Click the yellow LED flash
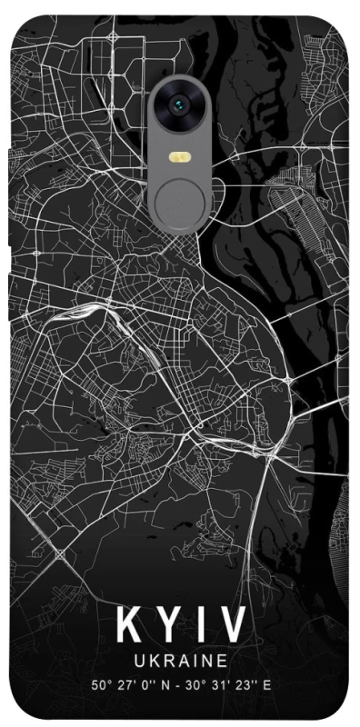click(x=180, y=157)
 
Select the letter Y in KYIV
click(x=166, y=625)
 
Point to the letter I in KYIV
click(x=199, y=625)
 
